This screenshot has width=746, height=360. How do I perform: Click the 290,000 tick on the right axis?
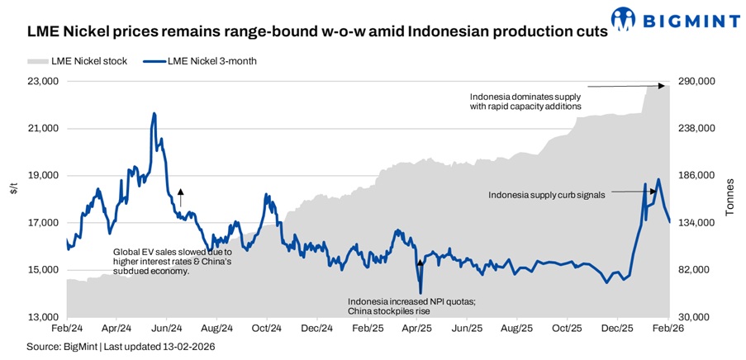tap(696, 82)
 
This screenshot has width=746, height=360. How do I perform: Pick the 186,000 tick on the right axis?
tap(696, 176)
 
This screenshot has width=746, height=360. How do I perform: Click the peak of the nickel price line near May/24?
tap(154, 113)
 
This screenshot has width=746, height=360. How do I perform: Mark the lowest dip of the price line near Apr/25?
tap(421, 292)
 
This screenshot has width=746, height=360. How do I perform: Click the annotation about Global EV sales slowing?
tap(172, 261)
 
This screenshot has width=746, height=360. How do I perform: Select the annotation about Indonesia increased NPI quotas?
tap(406, 306)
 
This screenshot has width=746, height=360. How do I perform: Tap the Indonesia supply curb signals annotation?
tap(547, 195)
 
